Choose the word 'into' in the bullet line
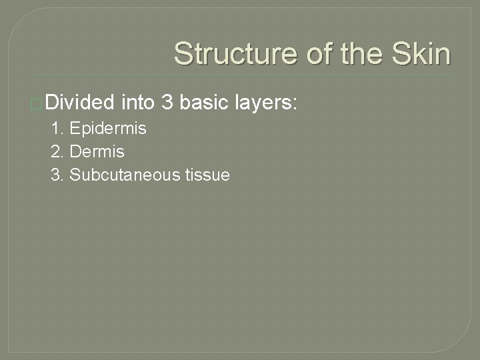[138, 103]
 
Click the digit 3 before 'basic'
[167, 103]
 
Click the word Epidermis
[108, 129]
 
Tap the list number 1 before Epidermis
[55, 129]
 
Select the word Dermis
[97, 152]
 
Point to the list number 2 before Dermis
[55, 152]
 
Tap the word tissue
[207, 175]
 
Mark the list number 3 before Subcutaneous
[55, 175]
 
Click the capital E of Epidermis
[73, 129]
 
